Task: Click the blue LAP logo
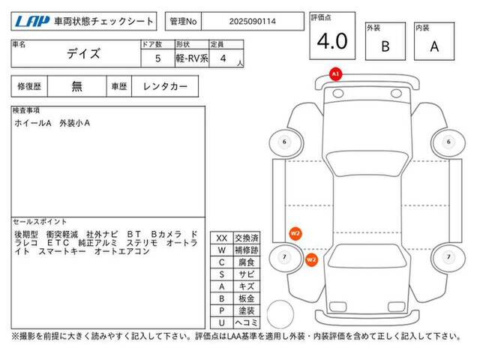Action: (32, 22)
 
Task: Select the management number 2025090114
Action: (253, 22)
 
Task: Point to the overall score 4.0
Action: (332, 41)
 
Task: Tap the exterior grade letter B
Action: (385, 46)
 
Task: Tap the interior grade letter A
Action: (434, 46)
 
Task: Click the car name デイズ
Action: (83, 54)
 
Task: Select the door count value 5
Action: (158, 58)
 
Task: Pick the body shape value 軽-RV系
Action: (192, 58)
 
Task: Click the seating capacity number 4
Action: (223, 58)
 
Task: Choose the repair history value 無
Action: (76, 86)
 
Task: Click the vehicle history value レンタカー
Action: (165, 87)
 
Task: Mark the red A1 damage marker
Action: (335, 74)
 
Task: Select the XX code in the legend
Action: (222, 238)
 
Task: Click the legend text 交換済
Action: (247, 238)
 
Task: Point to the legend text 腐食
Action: (247, 262)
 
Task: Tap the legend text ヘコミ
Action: (247, 322)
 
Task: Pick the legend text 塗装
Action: (247, 310)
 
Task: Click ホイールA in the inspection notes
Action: (33, 123)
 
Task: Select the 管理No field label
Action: (183, 22)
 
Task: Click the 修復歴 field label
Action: (29, 87)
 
